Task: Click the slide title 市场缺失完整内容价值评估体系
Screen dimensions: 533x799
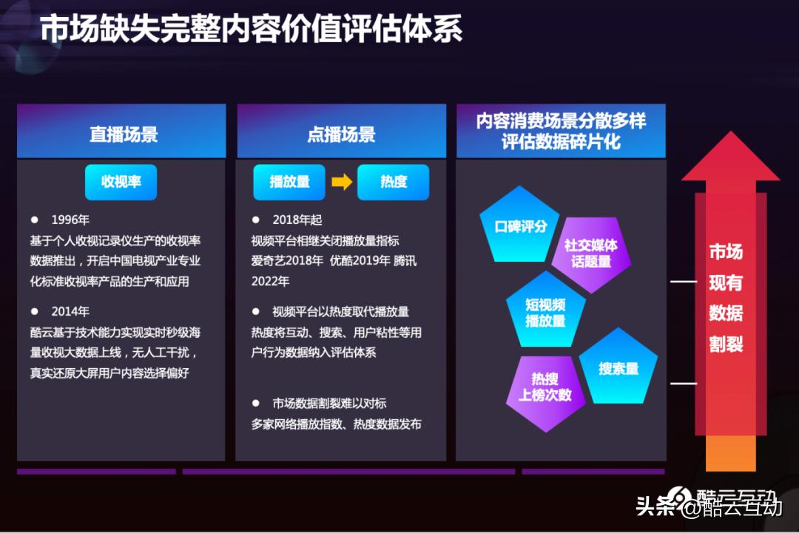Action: [x=252, y=30]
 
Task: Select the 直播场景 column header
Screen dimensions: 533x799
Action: [x=123, y=135]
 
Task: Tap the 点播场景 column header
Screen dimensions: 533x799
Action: [x=341, y=135]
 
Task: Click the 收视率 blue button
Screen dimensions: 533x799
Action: [x=121, y=182]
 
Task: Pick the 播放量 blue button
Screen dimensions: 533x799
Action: [x=289, y=182]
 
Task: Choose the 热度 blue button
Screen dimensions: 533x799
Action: [x=394, y=182]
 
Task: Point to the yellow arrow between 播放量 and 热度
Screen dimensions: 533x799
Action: [x=342, y=182]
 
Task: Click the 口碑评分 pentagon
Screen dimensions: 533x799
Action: [x=519, y=227]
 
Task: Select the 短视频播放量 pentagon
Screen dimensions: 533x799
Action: [x=545, y=312]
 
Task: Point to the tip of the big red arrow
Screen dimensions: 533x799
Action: [x=731, y=137]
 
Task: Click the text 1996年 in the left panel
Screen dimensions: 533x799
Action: [x=70, y=220]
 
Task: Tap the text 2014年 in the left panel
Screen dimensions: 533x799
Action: [x=70, y=311]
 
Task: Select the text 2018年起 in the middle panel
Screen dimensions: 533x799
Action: [x=297, y=220]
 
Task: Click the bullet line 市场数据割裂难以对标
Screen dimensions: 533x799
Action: [x=329, y=404]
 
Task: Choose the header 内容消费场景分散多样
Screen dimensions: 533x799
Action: [x=561, y=121]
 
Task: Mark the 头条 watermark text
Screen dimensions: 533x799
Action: [x=655, y=506]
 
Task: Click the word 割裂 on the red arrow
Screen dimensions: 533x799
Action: [x=726, y=344]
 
